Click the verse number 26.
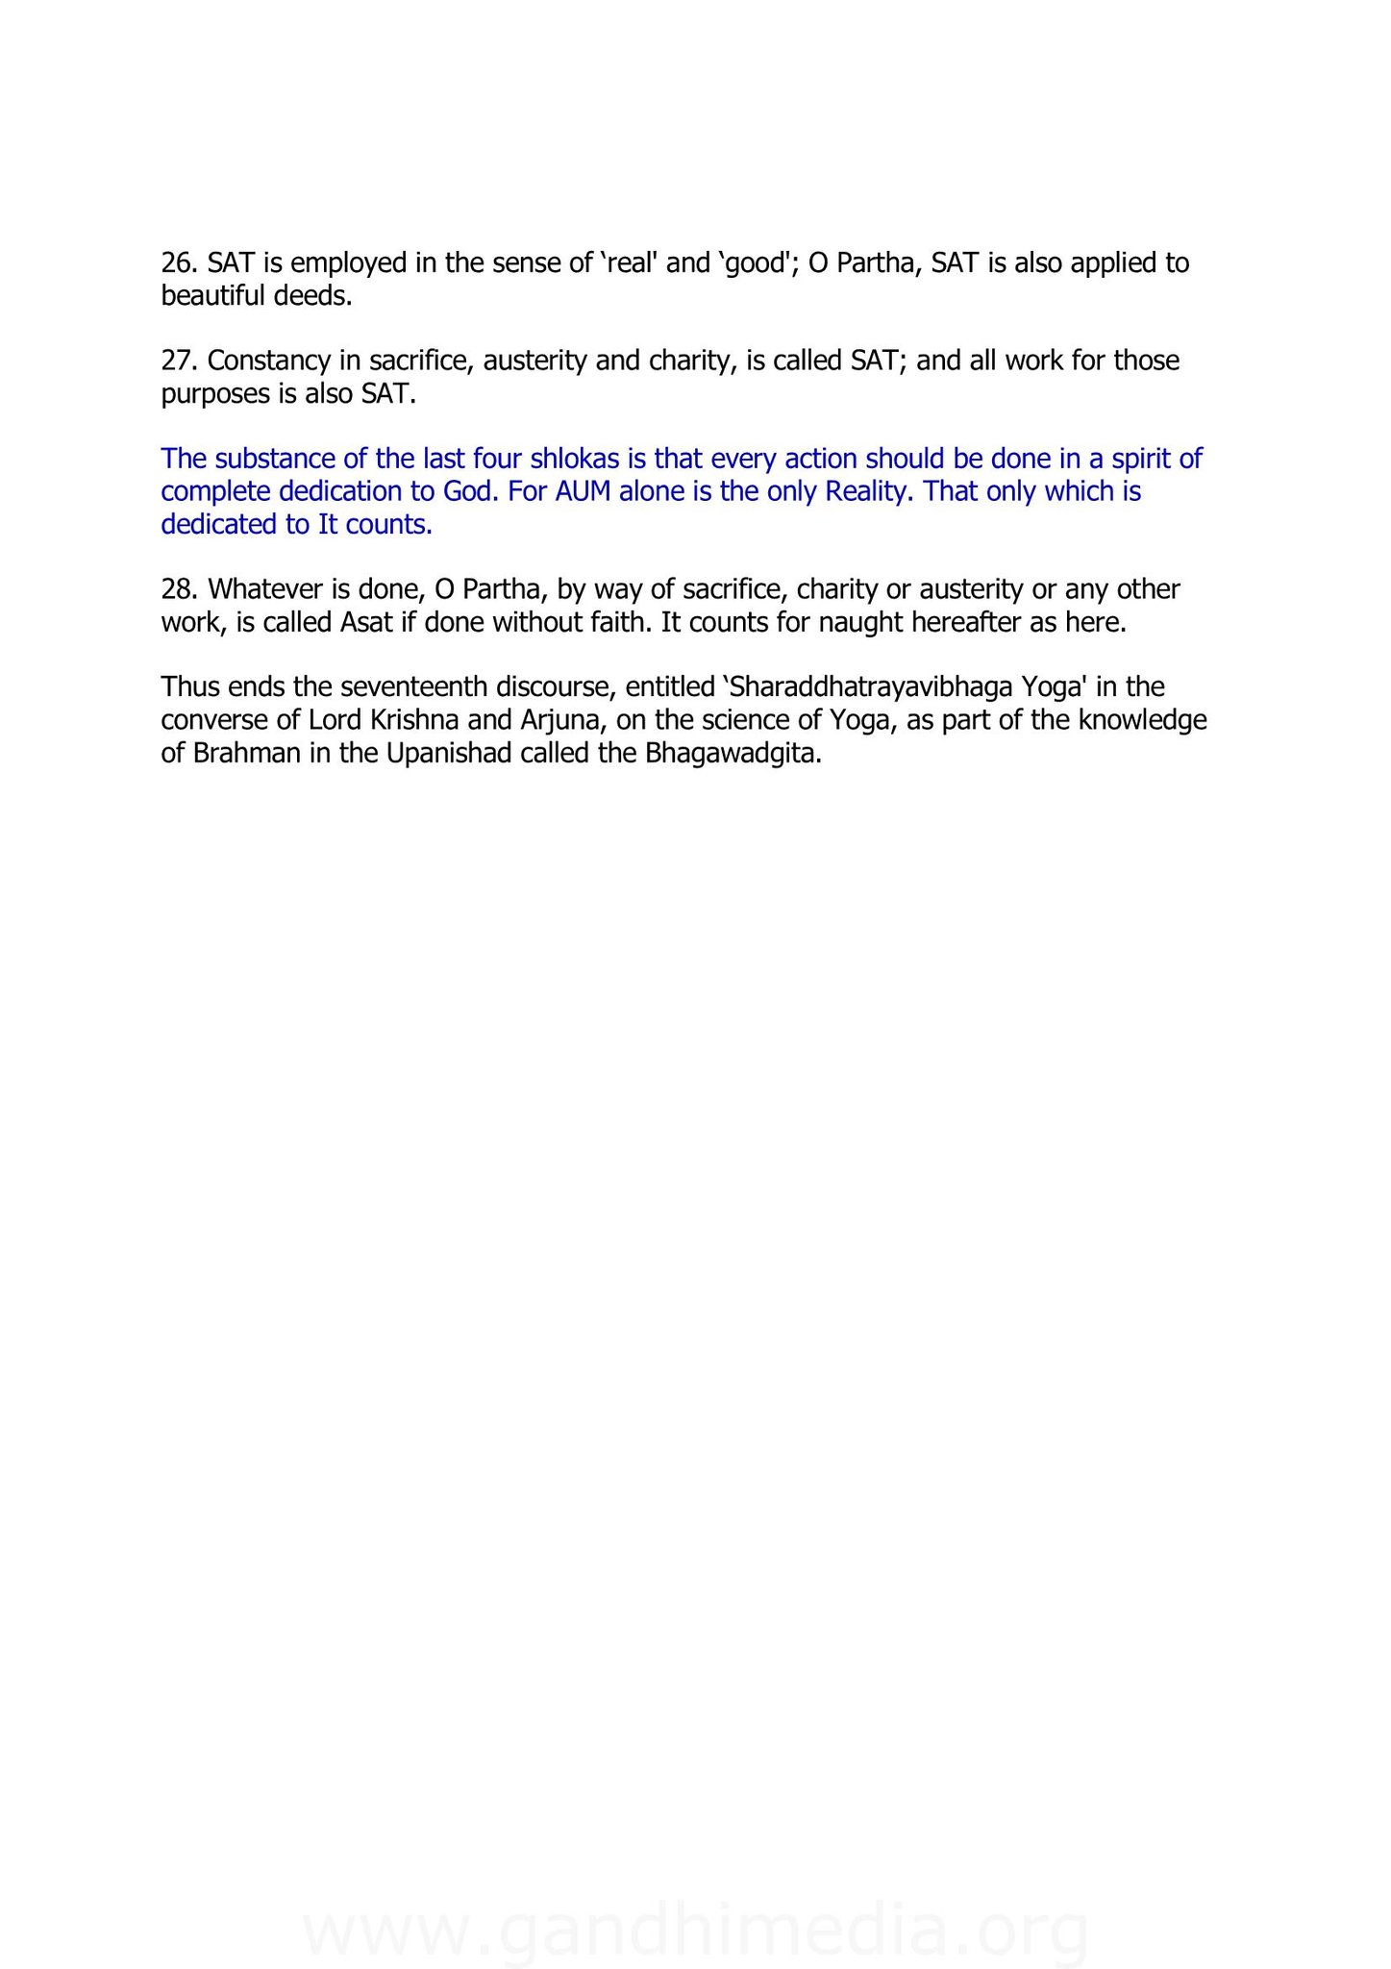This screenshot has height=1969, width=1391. click(180, 262)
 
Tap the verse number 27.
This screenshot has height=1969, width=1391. click(180, 361)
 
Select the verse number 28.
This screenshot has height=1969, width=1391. click(180, 588)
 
